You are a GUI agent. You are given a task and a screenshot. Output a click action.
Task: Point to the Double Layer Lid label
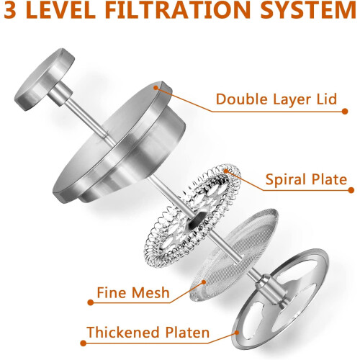pos(276,99)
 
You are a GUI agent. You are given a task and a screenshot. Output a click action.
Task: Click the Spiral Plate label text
pos(306,179)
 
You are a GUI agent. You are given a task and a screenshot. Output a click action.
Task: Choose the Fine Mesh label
pos(133,292)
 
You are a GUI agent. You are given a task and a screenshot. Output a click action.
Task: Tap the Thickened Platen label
pos(148,333)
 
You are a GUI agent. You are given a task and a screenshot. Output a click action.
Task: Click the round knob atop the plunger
pos(45,79)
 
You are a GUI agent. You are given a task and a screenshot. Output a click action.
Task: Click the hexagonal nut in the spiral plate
pos(197,220)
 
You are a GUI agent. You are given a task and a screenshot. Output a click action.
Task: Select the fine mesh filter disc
pos(234,255)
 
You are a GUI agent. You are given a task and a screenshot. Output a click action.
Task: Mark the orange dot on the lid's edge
pos(156,88)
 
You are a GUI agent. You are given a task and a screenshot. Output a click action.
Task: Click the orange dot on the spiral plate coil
pos(226,171)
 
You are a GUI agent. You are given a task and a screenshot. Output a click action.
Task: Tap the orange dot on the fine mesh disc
pos(204,282)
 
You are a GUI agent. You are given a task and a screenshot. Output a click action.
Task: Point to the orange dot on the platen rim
pos(237,333)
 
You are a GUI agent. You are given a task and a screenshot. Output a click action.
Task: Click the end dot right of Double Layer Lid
pos(345,112)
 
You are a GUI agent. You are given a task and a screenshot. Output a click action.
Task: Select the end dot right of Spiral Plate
pos(351,190)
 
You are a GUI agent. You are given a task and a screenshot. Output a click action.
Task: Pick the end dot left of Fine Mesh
pos(91,302)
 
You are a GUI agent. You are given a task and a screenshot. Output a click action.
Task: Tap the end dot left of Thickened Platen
pos(84,343)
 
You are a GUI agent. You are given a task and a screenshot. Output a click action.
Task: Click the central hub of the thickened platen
pos(271,290)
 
